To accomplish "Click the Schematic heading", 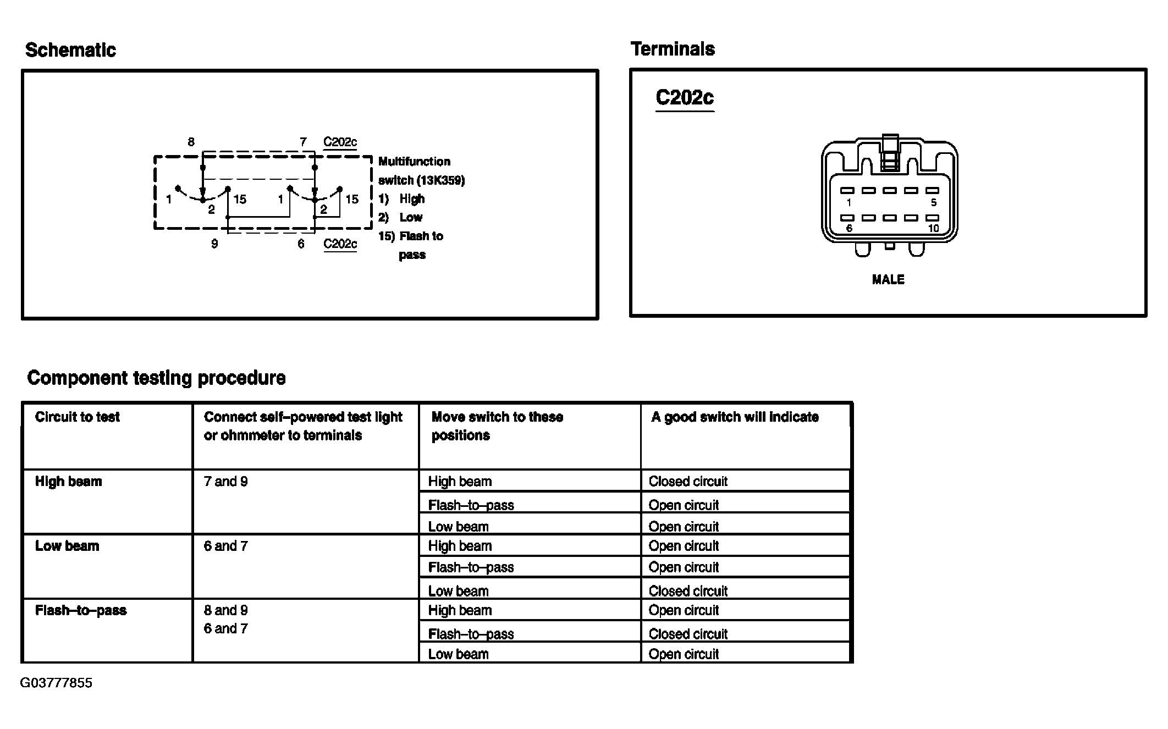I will tap(70, 50).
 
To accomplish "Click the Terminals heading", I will tap(673, 49).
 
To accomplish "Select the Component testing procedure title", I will tap(156, 378).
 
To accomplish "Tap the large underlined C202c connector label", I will tap(685, 98).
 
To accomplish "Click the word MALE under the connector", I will tap(888, 279).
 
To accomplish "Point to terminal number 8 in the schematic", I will tap(191, 142).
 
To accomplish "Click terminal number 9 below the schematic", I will tap(214, 244).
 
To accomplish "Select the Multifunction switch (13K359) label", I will tap(421, 171).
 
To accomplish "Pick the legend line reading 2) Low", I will tap(400, 217).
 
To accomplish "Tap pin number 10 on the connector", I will tap(933, 228).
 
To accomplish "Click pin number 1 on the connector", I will tap(849, 202).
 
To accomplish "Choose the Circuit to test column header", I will tap(77, 417).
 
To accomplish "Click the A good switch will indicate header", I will tap(735, 417).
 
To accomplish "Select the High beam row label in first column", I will tap(68, 482).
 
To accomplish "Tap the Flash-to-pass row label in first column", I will tap(81, 610).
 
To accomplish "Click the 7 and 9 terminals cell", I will tap(225, 482).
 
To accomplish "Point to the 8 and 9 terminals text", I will tap(225, 610).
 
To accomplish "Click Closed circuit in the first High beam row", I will tap(688, 482).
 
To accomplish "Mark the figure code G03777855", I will tap(56, 683).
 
